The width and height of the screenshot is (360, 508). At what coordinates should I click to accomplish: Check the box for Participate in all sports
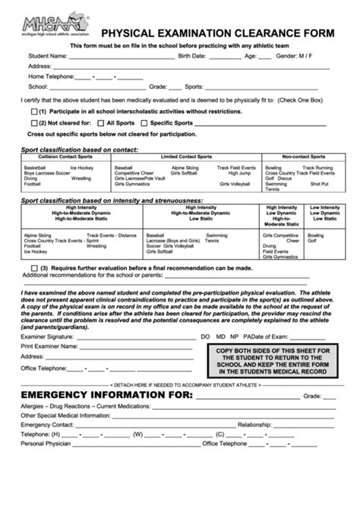click(33, 111)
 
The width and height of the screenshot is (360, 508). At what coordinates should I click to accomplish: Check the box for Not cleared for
click(33, 121)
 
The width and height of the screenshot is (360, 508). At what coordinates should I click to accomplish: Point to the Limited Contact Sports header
click(186, 156)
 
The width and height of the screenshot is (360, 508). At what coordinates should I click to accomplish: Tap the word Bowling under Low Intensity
click(316, 235)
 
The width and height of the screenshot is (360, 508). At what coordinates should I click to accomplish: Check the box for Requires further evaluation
click(33, 268)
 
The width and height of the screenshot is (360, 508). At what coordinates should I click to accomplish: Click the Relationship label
click(254, 424)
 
